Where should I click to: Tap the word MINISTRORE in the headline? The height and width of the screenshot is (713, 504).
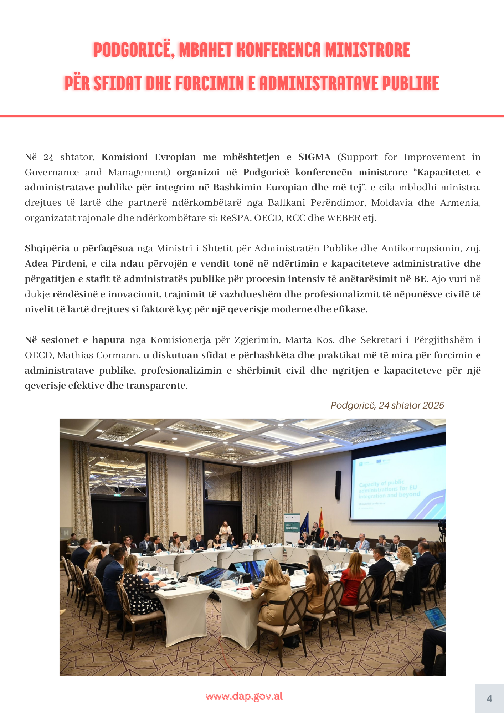click(368, 50)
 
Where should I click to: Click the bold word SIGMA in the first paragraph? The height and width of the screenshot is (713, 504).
click(314, 157)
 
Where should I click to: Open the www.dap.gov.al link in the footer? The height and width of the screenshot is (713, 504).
click(244, 696)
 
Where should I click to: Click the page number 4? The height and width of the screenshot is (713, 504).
click(489, 698)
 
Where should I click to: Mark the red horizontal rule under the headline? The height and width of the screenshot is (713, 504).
click(252, 116)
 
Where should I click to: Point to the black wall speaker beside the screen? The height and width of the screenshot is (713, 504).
click(338, 485)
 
